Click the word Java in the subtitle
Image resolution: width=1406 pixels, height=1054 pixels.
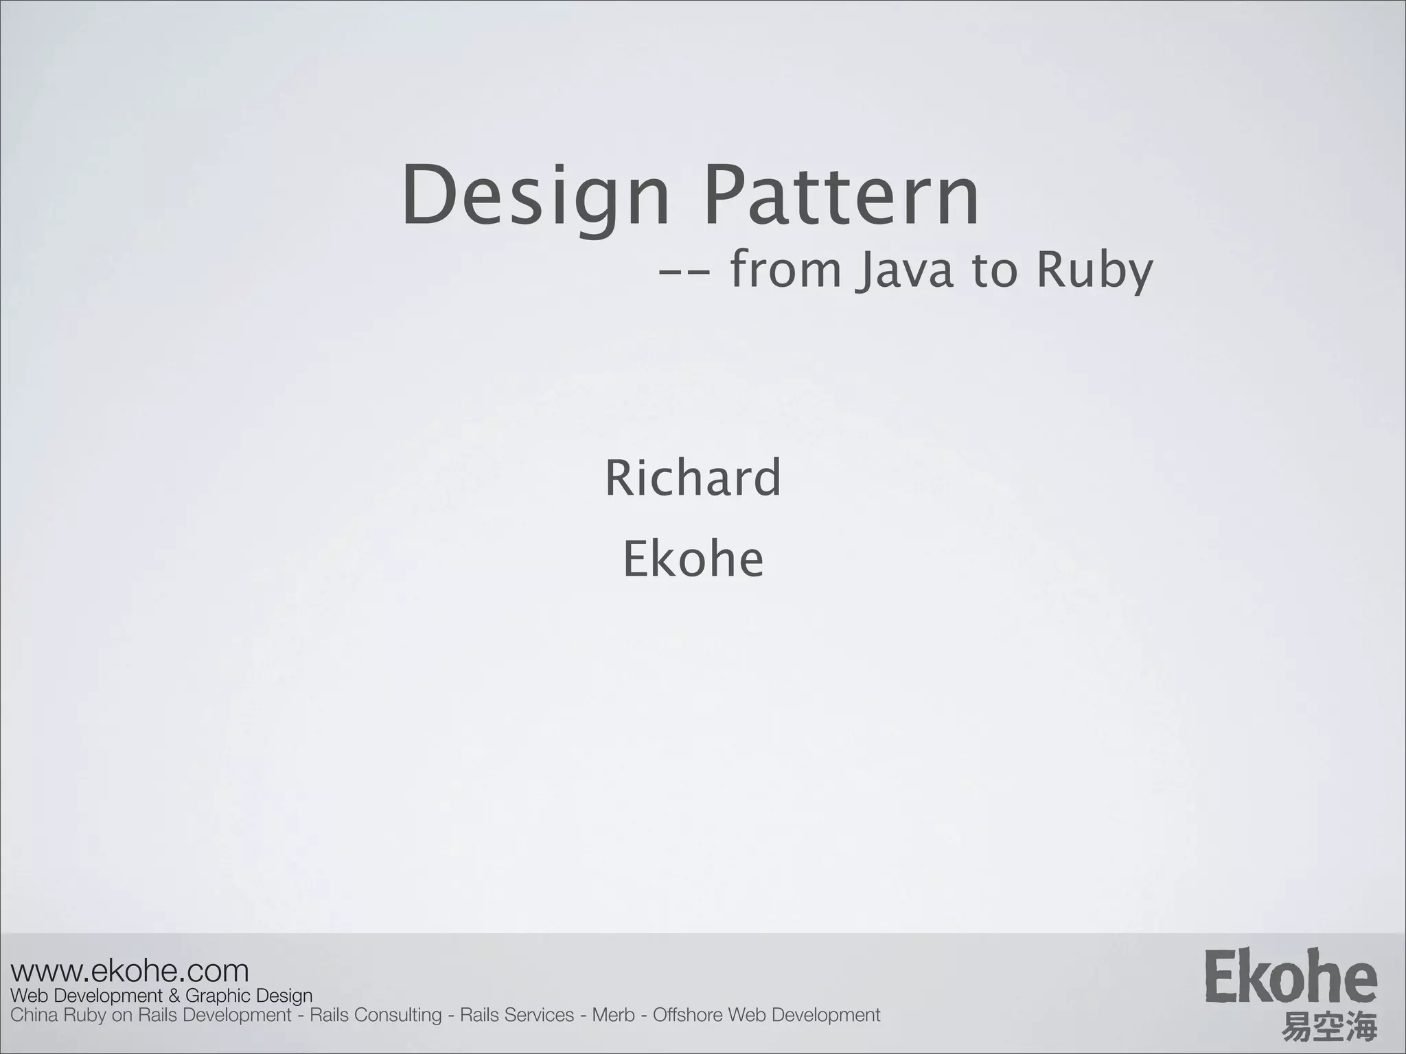[906, 271]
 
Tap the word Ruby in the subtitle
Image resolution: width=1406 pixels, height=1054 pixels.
[1094, 271]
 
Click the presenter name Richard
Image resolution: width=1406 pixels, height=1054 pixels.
[693, 478]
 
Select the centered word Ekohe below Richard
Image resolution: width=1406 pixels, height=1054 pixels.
[693, 559]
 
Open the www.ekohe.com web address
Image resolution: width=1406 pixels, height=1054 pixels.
[130, 971]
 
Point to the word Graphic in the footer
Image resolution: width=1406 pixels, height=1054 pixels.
[218, 996]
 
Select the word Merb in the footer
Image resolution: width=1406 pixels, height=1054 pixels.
[613, 1015]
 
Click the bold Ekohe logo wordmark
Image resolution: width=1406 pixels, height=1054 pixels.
[1290, 976]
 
